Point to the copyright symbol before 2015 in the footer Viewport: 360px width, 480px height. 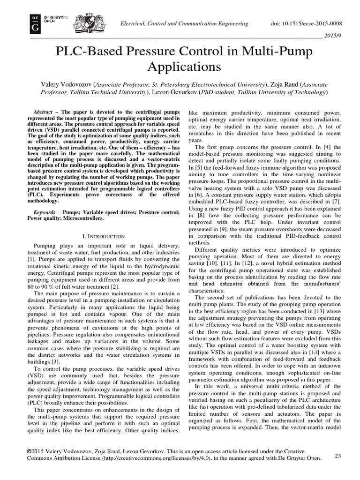pos(30,451)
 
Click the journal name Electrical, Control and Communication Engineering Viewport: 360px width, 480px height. pos(183,23)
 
